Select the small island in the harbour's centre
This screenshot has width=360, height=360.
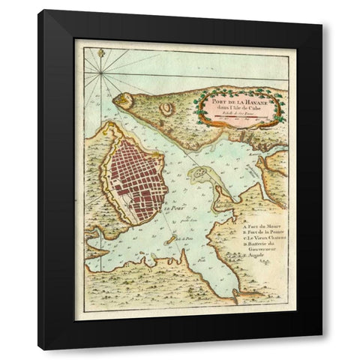(x=201, y=176)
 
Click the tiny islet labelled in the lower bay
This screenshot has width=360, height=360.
(x=170, y=240)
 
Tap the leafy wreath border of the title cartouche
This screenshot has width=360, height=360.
(x=198, y=105)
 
